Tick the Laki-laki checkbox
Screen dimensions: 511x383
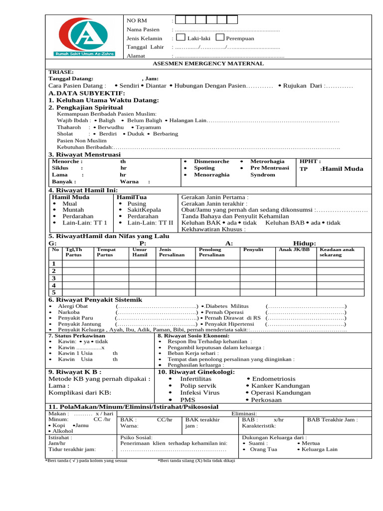coord(181,37)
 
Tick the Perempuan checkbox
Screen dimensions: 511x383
coord(220,37)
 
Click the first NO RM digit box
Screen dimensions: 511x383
coord(181,20)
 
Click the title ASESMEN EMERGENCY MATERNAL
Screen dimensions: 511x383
coord(208,64)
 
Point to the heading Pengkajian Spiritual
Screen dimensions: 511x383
coord(85,107)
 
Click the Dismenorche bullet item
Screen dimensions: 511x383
coord(211,162)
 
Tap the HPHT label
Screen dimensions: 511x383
coord(310,162)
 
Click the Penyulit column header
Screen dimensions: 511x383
coord(253,250)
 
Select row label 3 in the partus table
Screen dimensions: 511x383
coord(54,278)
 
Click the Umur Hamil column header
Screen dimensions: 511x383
coord(140,252)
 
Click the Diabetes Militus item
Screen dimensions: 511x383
coord(227,306)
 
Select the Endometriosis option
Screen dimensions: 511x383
coord(273,379)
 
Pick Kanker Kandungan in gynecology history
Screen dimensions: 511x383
coord(280,386)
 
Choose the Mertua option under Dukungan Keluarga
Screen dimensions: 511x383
coord(311,443)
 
